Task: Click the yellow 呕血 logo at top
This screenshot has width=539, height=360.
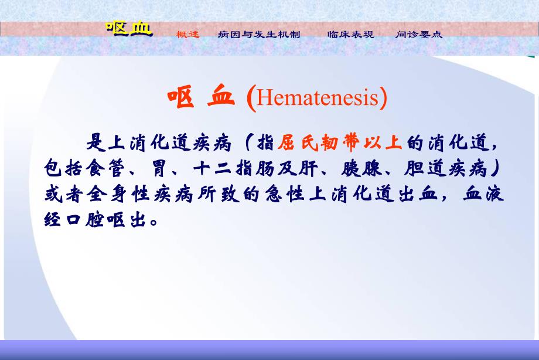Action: pos(129,29)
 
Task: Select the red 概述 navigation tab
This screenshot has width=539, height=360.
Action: pos(188,35)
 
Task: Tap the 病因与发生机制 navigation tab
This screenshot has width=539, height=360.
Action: pos(258,35)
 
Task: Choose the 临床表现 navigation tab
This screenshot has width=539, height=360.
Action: pos(350,35)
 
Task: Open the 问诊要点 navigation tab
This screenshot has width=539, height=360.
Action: pos(419,35)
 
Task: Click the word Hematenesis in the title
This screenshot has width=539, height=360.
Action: pos(319,99)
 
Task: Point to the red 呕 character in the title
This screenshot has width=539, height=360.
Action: pos(180,98)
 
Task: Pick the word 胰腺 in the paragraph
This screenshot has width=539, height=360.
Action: pos(359,169)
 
